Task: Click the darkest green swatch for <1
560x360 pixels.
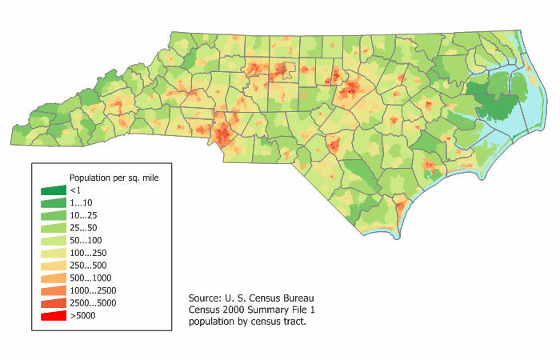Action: [x=54, y=190]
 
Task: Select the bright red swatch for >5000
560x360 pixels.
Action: [x=54, y=317]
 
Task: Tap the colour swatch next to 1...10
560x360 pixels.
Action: [x=54, y=203]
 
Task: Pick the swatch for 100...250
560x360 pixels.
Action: [x=54, y=254]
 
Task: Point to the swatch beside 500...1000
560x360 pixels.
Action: [x=54, y=278]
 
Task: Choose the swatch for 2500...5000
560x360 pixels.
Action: [x=54, y=304]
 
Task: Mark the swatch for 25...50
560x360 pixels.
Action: [x=54, y=228]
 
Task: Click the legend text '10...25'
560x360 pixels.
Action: [x=83, y=215]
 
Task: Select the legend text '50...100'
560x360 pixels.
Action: [x=86, y=240]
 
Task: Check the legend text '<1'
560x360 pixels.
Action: [x=75, y=190]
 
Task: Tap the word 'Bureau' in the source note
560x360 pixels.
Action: [x=313, y=296]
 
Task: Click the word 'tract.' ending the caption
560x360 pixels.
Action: [x=292, y=322]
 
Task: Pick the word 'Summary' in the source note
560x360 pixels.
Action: [x=278, y=309]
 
